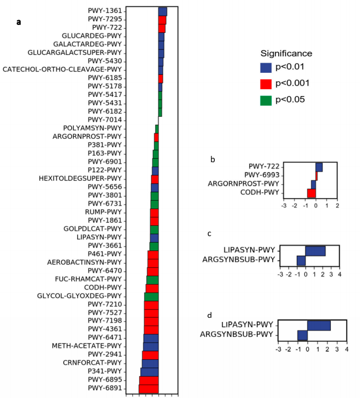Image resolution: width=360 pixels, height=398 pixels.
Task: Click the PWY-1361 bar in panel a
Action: tap(163, 11)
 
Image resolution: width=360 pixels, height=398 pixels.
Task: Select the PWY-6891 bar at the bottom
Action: tap(149, 388)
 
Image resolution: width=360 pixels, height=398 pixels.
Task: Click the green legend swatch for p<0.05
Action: tap(266, 100)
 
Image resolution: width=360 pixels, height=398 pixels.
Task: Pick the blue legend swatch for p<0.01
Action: tap(266, 67)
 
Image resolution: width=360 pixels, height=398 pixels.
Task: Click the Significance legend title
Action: tap(286, 53)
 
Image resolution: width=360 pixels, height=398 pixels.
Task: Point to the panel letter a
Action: tap(19, 22)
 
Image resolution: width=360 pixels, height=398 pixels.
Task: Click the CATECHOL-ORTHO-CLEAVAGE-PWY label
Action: tap(62, 70)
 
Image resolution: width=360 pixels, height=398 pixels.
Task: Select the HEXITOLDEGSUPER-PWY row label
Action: tap(80, 179)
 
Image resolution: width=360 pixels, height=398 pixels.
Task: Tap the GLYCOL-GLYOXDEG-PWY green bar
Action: tap(152, 296)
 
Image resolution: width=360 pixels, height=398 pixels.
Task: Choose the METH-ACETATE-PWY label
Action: tap(87, 346)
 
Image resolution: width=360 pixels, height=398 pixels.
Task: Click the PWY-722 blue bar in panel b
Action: tap(319, 167)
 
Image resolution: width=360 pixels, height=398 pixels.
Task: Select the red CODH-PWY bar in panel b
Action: tap(312, 192)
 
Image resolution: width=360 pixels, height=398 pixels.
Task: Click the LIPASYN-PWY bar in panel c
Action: tap(315, 250)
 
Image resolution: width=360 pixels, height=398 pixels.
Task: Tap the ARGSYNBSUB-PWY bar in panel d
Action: tap(303, 335)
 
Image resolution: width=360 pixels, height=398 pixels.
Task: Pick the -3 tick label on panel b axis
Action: tap(283, 205)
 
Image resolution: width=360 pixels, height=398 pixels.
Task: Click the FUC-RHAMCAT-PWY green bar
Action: tap(153, 280)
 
